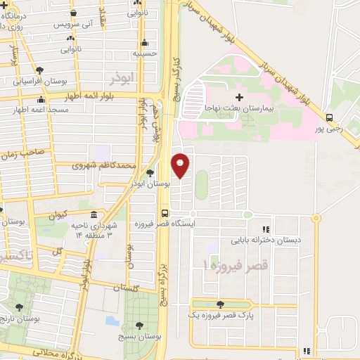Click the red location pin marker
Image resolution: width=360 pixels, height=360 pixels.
[181, 165]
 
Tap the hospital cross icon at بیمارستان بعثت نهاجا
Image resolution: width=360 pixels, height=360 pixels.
[240, 96]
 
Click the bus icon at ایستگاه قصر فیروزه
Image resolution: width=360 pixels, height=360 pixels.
[165, 213]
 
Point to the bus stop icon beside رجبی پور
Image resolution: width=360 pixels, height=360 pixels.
[330, 117]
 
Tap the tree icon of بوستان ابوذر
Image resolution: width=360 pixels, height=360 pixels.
[150, 173]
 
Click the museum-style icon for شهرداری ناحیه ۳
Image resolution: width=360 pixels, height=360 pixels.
[94, 215]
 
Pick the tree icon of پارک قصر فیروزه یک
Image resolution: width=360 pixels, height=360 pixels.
[221, 304]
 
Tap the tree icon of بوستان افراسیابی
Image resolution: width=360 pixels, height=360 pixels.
[39, 70]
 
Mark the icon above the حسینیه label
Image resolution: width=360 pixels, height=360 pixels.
[145, 41]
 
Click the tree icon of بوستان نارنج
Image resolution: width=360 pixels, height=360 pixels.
[19, 307]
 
